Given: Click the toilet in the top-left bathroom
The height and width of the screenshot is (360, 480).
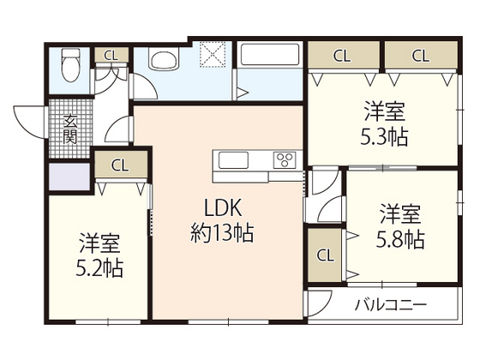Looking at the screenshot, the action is click(x=70, y=65).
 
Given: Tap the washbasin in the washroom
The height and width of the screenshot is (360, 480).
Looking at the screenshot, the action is click(x=164, y=59).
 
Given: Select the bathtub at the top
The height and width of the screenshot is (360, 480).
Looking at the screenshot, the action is click(x=270, y=54).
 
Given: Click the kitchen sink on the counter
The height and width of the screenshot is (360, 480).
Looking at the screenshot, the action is click(x=233, y=160).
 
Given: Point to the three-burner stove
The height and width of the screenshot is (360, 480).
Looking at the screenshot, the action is click(x=285, y=159).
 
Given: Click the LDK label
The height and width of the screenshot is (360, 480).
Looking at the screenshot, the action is click(x=223, y=207).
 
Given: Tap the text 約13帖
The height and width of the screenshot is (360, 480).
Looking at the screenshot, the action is click(x=222, y=233).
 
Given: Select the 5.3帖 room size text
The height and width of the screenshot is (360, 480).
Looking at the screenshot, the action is click(x=384, y=137).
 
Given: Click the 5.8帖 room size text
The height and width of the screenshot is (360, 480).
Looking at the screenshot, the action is click(x=400, y=239).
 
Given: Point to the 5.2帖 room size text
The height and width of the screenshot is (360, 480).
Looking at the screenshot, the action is click(x=99, y=268).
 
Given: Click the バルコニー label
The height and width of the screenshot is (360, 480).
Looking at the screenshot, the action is click(x=391, y=305).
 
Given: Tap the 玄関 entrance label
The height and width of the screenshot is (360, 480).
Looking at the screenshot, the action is click(x=69, y=129).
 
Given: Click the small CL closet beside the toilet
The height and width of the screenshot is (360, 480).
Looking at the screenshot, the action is click(x=111, y=56).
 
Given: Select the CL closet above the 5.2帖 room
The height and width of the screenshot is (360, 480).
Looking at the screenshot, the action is click(x=121, y=165).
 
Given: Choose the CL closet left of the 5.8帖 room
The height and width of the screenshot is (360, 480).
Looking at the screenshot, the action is click(x=325, y=255).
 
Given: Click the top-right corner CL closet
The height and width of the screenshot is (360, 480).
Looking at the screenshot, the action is click(x=421, y=56).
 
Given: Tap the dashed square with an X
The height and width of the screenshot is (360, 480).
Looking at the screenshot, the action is click(x=213, y=54).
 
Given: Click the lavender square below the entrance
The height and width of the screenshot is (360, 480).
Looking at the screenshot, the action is click(x=69, y=177).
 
